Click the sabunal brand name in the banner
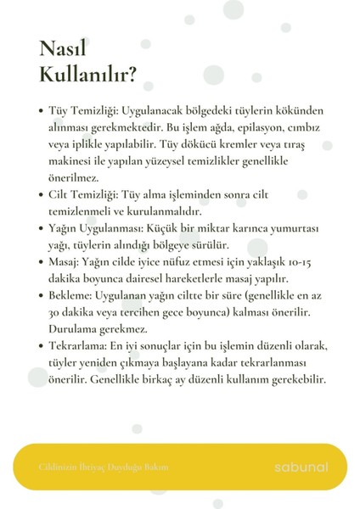point(301,467)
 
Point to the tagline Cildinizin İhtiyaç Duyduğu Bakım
point(104,467)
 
